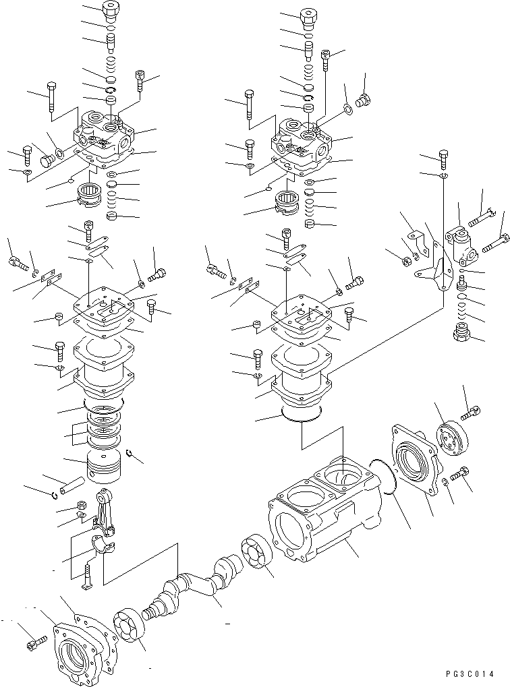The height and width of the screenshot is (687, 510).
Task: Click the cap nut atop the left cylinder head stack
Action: tap(110, 11)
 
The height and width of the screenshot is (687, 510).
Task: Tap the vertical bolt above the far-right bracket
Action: tap(443, 159)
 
